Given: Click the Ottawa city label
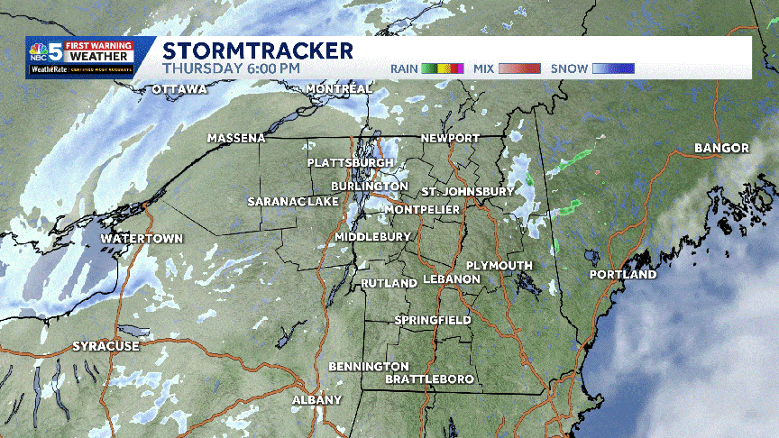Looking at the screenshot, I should [179, 89].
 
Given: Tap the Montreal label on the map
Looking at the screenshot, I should [339, 89].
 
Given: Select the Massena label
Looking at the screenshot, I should [236, 138].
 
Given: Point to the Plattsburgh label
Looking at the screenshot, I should [351, 162].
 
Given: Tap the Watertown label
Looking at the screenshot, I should [142, 239].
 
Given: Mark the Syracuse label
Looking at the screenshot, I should [106, 346].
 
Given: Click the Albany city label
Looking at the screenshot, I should [316, 399].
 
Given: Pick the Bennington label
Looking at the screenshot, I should [369, 366].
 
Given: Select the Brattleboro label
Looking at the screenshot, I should [429, 379].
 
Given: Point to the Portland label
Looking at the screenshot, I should [623, 274].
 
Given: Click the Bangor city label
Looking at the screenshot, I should [722, 148].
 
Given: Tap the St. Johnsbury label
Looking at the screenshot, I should [468, 192].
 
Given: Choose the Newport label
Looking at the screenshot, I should [451, 138].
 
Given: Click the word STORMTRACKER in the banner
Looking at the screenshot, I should [258, 50].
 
